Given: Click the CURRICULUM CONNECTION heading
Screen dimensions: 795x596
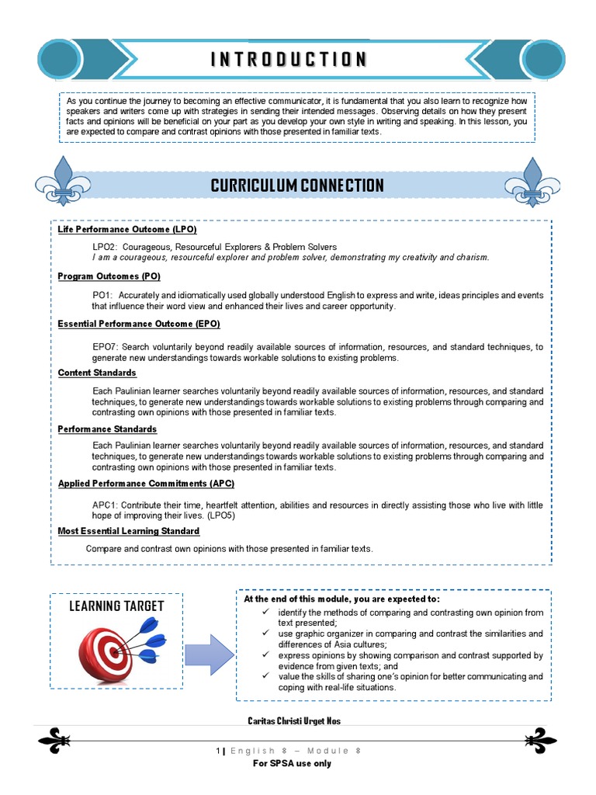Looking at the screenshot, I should [x=297, y=186].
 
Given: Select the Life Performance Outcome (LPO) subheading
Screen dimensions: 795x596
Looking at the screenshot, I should [x=127, y=230].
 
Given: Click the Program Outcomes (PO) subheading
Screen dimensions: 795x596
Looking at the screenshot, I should [x=109, y=276].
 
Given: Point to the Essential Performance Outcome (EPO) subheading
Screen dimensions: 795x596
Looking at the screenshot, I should [x=139, y=324].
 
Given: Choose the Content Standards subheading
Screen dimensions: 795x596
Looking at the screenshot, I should [x=97, y=373].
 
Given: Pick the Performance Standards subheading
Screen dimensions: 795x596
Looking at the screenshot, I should [x=107, y=429].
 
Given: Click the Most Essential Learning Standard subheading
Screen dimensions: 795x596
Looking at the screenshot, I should [x=129, y=531].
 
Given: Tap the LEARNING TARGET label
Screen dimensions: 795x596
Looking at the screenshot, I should [x=116, y=606].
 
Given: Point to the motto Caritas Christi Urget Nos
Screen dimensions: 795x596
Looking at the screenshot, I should [x=293, y=721].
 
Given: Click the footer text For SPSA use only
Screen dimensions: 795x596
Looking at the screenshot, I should [x=293, y=763].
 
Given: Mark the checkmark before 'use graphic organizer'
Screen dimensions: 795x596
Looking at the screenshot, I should [x=265, y=634].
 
